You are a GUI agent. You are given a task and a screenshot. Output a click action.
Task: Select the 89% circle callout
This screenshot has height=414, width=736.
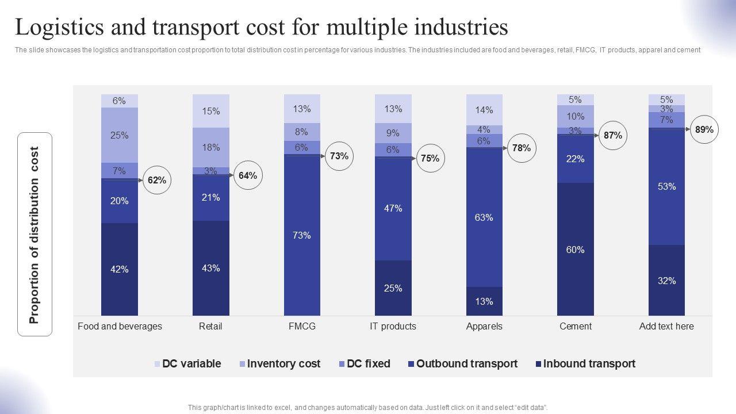pos(704,130)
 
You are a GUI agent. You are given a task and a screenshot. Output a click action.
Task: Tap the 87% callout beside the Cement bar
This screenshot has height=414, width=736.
pos(612,136)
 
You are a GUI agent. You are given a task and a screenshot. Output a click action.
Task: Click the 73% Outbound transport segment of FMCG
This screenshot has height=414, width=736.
pos(301,235)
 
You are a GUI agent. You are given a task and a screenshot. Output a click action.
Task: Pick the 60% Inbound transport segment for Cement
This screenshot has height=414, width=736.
pos(575,250)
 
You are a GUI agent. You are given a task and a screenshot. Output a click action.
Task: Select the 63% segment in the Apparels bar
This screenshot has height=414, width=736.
pos(484,217)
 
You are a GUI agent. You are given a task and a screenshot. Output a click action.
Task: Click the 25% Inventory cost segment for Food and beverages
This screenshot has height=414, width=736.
pos(120,136)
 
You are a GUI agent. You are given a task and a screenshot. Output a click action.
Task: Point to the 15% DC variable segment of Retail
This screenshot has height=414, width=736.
pos(211,111)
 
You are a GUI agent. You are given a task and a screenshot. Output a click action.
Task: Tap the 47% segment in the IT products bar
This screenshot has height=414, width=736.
pos(393,208)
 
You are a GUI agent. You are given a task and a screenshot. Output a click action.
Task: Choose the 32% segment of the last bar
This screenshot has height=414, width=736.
pos(666,281)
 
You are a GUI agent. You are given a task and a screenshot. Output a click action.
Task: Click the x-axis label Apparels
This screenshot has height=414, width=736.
pos(484,326)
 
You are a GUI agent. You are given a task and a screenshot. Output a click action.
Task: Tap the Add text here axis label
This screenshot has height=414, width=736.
pos(666,326)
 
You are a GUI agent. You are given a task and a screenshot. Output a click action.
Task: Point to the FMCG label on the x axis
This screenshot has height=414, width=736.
pos(302,326)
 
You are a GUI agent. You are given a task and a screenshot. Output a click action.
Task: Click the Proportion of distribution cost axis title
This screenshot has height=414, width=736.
pos(34,235)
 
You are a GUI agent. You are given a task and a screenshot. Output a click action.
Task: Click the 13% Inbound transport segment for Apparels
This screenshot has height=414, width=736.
pos(484,301)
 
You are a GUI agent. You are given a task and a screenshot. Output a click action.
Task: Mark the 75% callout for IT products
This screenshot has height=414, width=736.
pos(430,159)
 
